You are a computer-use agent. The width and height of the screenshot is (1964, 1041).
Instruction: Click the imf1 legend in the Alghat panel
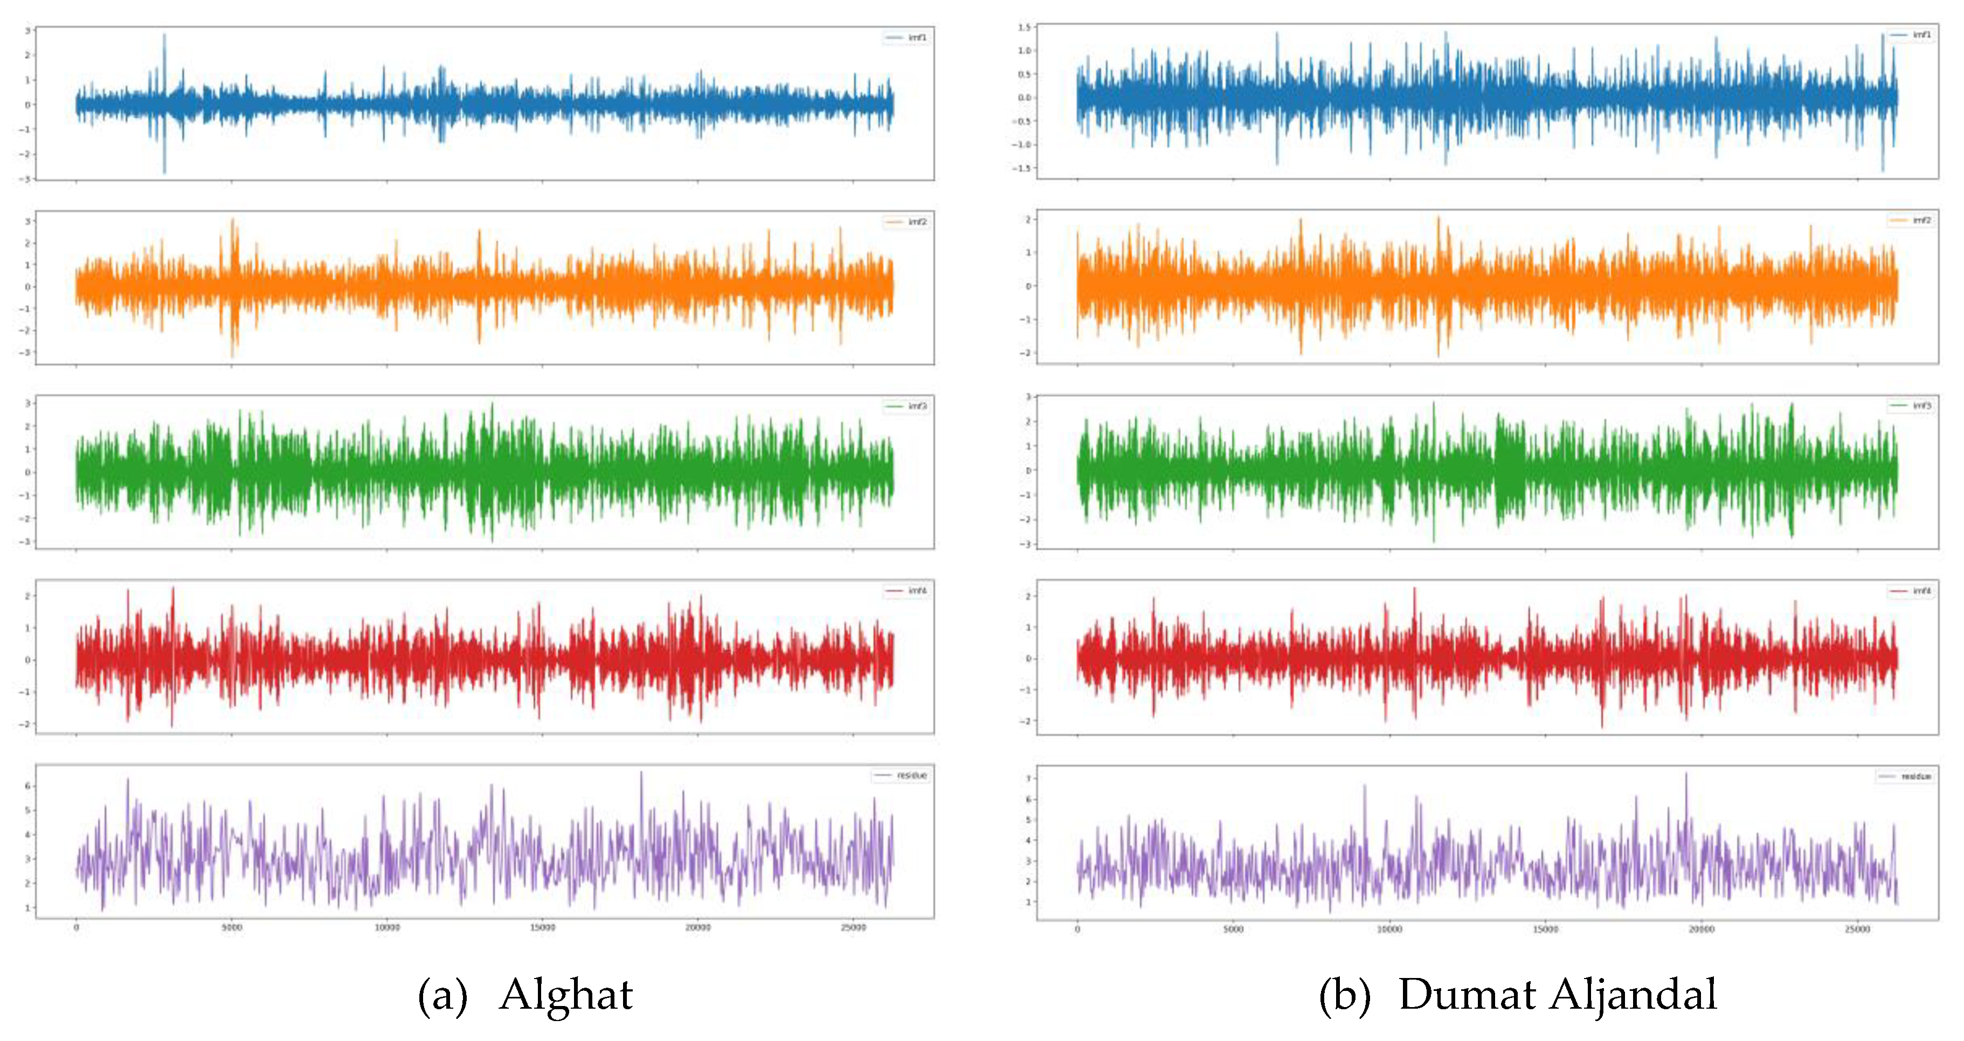907,37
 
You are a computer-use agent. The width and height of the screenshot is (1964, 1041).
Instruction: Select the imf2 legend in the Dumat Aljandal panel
1911,220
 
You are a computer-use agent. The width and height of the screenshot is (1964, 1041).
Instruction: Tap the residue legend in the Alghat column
901,775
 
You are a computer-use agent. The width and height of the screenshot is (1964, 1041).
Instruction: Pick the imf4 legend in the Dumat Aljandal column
1911,591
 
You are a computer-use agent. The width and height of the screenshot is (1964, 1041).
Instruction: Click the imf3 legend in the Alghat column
907,406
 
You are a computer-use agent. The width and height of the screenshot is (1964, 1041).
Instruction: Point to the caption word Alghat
566,995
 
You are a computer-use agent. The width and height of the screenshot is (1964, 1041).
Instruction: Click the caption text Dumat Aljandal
1557,995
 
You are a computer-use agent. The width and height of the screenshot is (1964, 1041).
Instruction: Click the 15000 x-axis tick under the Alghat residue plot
542,927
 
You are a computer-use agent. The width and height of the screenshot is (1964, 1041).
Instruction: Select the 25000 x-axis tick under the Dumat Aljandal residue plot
1857,929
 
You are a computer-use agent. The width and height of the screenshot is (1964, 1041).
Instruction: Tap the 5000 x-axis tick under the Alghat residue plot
232,927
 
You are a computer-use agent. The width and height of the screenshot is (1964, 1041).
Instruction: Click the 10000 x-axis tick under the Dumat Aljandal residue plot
1389,929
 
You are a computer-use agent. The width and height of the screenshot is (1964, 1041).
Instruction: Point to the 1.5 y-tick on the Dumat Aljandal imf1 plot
1024,27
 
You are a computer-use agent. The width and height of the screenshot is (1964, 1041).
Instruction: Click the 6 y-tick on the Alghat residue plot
27,786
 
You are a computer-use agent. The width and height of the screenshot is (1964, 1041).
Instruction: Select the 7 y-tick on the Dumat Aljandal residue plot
1028,779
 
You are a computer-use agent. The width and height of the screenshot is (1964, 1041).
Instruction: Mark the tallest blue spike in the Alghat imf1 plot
164,35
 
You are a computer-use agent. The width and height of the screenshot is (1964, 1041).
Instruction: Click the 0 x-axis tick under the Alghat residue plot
76,927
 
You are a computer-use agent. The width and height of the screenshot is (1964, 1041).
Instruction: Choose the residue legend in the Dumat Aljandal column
1906,777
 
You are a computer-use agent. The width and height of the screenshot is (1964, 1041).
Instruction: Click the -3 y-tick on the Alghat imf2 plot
27,352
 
